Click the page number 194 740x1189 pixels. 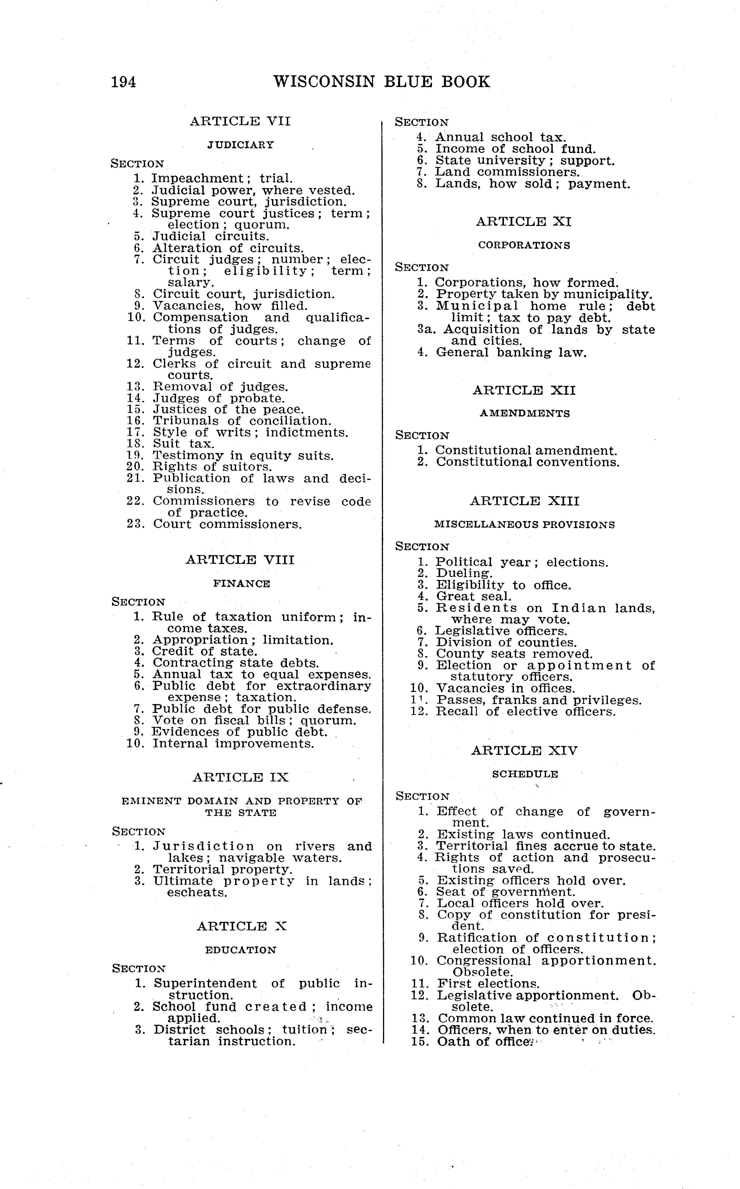(x=123, y=82)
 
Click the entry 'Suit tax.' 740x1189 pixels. (x=184, y=444)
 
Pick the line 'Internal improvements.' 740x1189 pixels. (x=233, y=744)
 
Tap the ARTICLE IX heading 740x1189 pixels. (x=240, y=777)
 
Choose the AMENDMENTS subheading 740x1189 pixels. (x=525, y=413)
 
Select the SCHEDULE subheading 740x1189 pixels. (x=525, y=774)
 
